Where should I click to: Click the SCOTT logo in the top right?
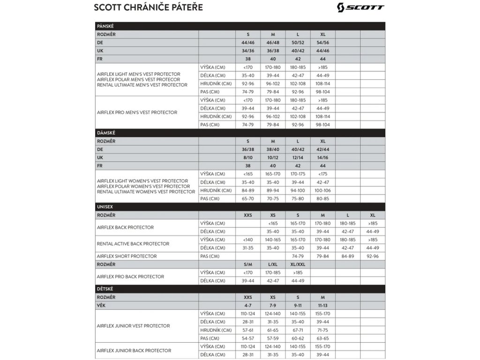(360, 7)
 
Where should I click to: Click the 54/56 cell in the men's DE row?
(323, 43)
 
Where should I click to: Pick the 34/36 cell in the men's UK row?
(248, 51)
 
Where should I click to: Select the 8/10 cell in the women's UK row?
(248, 157)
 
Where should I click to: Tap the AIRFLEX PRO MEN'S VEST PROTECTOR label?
(137, 112)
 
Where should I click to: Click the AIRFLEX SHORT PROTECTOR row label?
(127, 256)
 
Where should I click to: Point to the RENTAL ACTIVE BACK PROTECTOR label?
(133, 244)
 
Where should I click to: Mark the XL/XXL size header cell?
(298, 264)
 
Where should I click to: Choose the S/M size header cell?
(248, 264)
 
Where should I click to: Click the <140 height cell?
(248, 240)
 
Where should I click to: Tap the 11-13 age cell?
(323, 306)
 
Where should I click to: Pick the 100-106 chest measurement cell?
(323, 190)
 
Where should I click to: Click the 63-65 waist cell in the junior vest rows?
(323, 338)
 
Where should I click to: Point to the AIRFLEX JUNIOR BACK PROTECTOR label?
(134, 351)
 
